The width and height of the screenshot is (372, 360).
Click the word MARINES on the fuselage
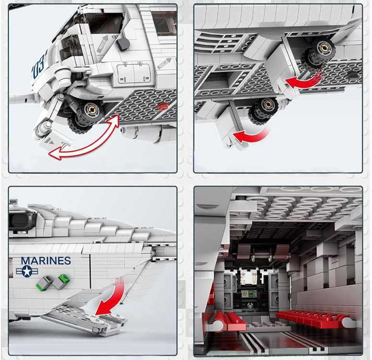46,261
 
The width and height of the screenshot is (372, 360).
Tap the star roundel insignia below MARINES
27,271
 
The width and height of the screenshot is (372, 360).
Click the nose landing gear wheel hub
91,109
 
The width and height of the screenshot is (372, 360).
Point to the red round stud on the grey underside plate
163,106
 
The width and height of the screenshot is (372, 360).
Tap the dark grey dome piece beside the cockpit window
123,44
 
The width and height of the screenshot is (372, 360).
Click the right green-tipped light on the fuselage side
61,282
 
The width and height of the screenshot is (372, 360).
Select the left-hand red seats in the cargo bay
225,321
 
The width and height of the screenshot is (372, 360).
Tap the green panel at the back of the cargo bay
247,294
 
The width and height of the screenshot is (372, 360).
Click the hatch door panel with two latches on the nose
134,72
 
